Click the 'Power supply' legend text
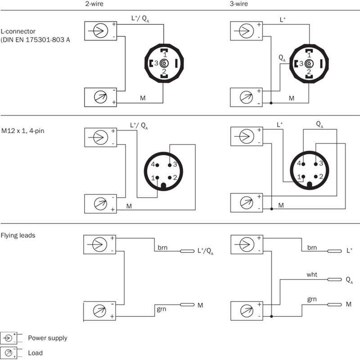click(47, 338)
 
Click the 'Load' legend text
click(35, 353)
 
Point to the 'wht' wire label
click(312, 273)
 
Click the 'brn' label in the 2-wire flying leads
click(163, 247)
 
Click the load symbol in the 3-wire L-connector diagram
click(246, 97)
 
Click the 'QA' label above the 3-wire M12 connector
click(319, 123)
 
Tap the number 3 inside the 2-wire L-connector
click(156, 64)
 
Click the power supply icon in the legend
click(9, 337)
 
